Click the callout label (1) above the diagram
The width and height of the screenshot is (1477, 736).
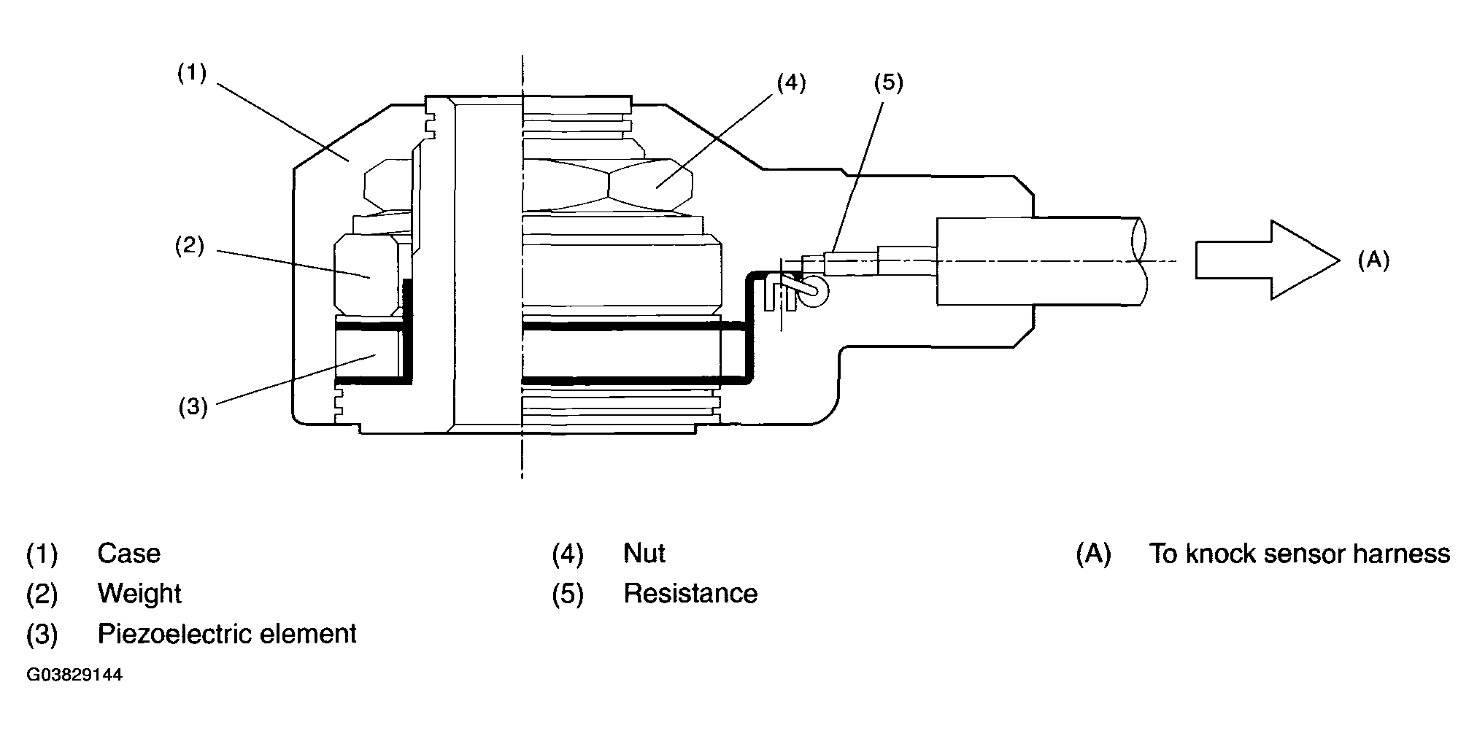pyautogui.click(x=192, y=74)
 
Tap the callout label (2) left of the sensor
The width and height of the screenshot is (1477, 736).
pyautogui.click(x=189, y=246)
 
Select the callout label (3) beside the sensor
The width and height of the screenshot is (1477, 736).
pyautogui.click(x=193, y=406)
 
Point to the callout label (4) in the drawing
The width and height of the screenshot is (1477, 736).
pyautogui.click(x=790, y=83)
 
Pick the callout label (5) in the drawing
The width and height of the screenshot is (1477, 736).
pyautogui.click(x=888, y=83)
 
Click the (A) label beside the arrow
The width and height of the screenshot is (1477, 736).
pyautogui.click(x=1373, y=260)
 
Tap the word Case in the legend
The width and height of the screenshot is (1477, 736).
pyautogui.click(x=128, y=554)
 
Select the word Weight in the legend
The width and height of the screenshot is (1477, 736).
pyautogui.click(x=139, y=594)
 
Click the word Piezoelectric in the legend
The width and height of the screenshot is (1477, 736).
pyautogui.click(x=173, y=634)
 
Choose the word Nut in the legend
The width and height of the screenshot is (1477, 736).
pyautogui.click(x=644, y=554)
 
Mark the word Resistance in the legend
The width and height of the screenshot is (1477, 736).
pyautogui.click(x=690, y=594)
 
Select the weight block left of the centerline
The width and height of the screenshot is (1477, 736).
pyautogui.click(x=366, y=276)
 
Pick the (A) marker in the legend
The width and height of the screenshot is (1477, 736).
pyautogui.click(x=1093, y=554)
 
